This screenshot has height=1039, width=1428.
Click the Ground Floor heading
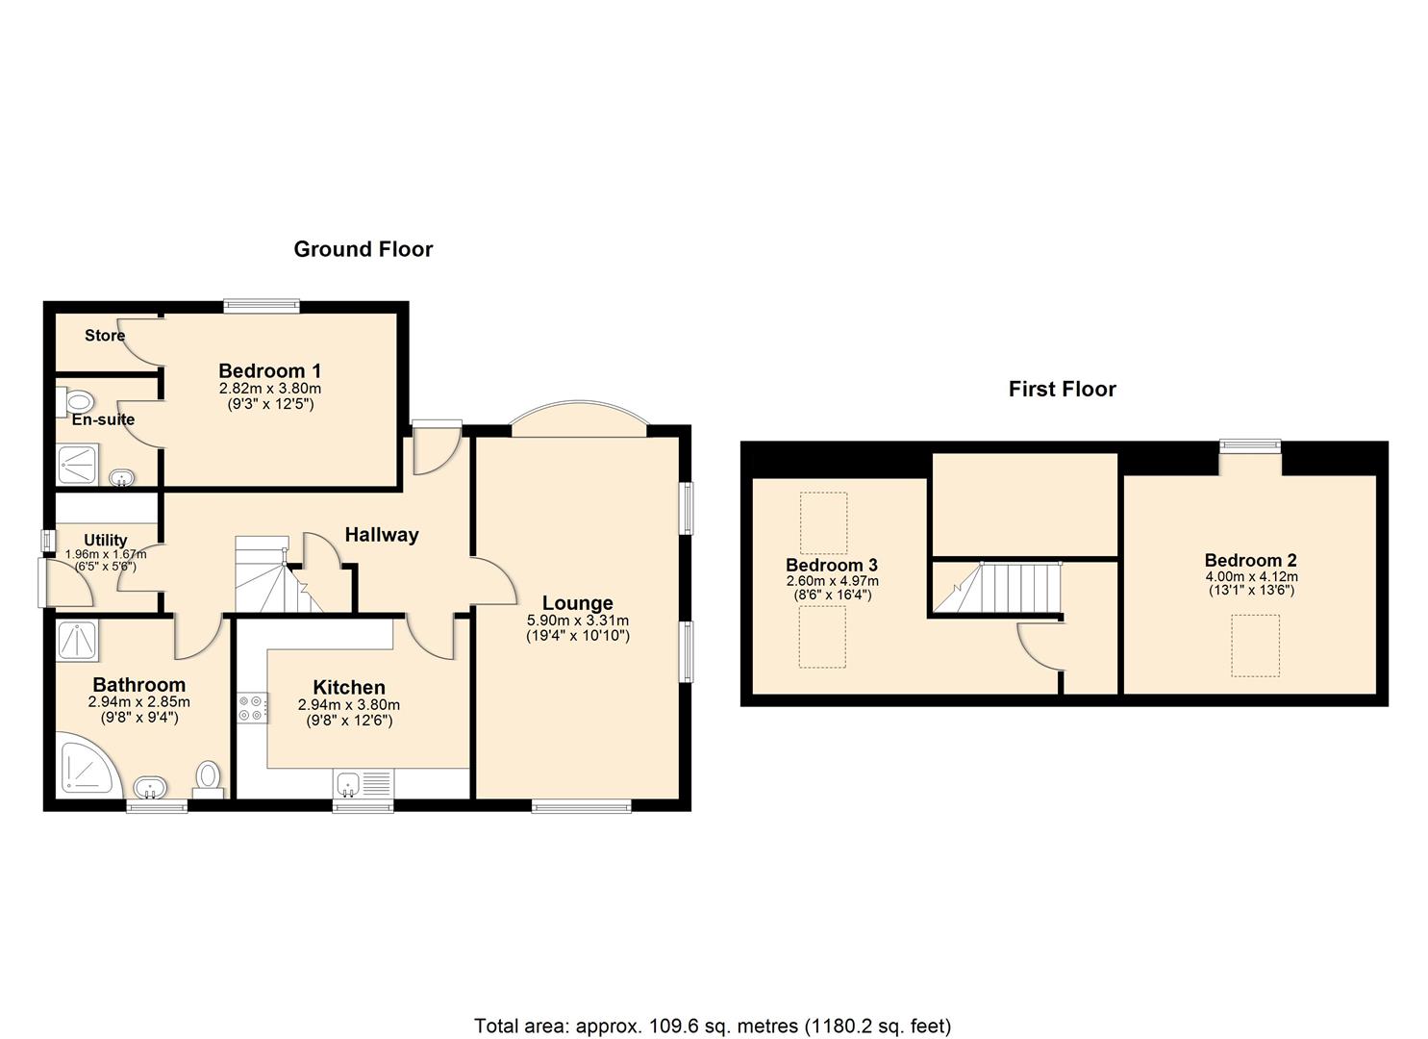point(363,249)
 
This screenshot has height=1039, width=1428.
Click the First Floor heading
point(1062,389)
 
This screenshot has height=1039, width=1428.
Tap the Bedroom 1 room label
point(269,370)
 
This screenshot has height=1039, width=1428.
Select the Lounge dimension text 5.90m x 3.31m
point(578,620)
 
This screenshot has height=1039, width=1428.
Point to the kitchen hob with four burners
point(253,707)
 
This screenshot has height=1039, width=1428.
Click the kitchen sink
point(363,783)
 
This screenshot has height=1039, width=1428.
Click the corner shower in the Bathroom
point(88,765)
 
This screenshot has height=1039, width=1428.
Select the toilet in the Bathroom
point(209,779)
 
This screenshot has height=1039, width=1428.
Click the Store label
point(105,336)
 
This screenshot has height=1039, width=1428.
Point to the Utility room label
point(105,541)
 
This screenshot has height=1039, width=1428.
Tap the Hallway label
point(382,535)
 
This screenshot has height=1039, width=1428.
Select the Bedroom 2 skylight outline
point(1255,646)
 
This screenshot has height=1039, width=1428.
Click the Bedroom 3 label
point(831,565)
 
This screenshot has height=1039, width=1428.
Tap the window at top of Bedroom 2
point(1250,445)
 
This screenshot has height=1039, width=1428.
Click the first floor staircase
point(998,588)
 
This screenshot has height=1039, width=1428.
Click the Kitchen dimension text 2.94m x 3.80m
point(349,705)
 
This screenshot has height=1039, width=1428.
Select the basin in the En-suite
point(121,477)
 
